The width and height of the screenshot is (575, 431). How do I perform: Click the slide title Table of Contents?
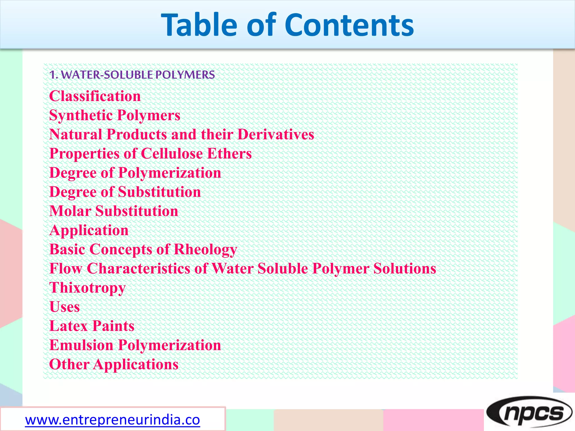tap(287, 25)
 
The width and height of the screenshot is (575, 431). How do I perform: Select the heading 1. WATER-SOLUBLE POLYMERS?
tap(132, 75)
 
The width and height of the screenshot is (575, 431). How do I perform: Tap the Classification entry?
tap(95, 96)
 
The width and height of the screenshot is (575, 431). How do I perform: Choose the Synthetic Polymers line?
tap(115, 115)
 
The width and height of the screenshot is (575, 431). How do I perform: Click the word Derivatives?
tap(276, 134)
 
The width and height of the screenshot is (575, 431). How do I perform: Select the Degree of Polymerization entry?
tap(135, 173)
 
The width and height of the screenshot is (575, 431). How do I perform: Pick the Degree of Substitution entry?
tap(125, 192)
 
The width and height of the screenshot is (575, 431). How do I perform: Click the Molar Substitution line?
tap(114, 211)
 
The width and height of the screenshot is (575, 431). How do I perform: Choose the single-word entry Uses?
tap(65, 307)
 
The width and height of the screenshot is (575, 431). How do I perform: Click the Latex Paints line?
tap(92, 326)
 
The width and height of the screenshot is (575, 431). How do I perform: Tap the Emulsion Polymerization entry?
tap(135, 345)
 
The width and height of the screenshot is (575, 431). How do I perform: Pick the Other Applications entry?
tap(114, 364)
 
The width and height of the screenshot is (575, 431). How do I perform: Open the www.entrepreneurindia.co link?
tap(112, 420)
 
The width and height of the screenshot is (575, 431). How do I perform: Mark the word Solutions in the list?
tap(405, 269)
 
